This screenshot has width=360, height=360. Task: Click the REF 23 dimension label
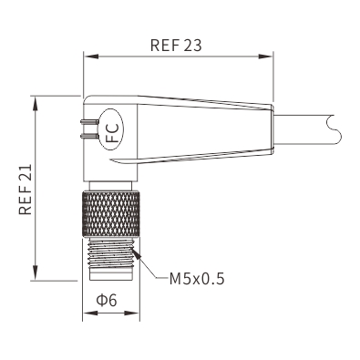click(176, 46)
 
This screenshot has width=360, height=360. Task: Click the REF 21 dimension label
click(26, 190)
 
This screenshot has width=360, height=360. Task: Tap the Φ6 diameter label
click(107, 301)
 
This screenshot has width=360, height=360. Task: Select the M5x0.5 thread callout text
click(197, 279)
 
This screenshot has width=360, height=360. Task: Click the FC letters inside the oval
click(111, 130)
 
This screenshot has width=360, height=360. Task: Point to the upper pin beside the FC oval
click(89, 122)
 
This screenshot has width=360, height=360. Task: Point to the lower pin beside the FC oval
click(89, 136)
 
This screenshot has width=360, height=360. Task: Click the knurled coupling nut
click(111, 214)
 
